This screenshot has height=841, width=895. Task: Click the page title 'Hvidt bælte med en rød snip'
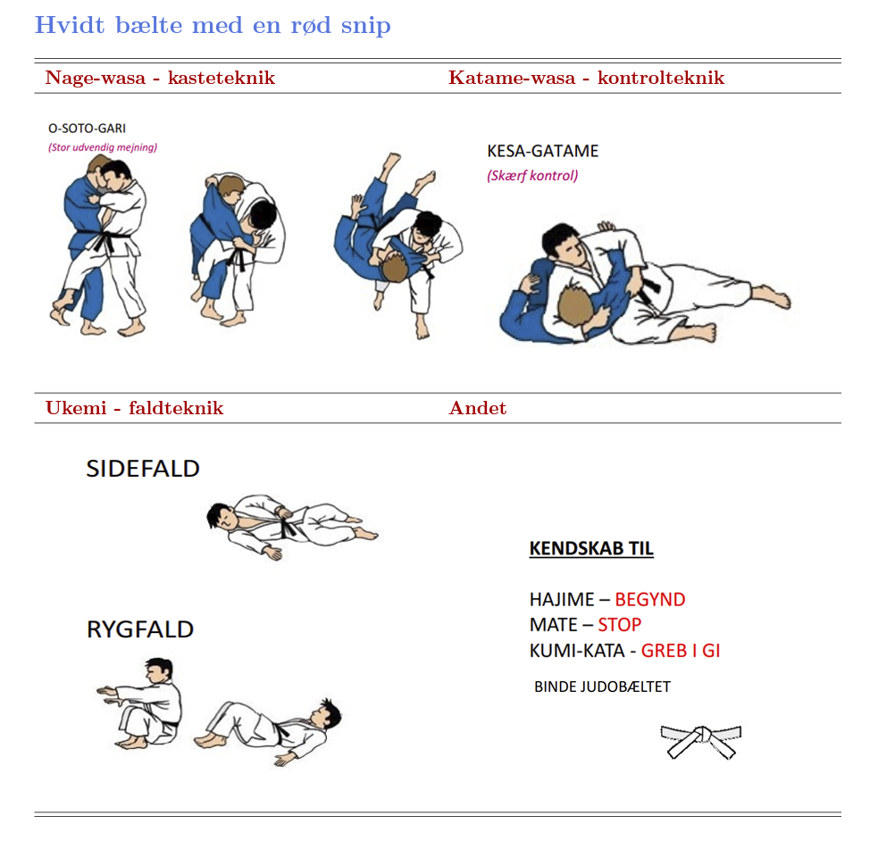click(x=213, y=26)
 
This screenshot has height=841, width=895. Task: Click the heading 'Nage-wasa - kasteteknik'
click(x=160, y=78)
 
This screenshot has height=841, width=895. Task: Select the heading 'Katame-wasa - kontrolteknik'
click(x=586, y=78)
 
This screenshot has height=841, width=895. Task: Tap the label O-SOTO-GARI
click(x=87, y=129)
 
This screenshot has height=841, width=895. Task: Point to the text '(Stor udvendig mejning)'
click(x=103, y=147)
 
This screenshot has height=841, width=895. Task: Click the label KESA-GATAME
click(x=543, y=151)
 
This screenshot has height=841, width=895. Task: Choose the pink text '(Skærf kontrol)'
click(x=532, y=175)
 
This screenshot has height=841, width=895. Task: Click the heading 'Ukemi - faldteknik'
click(x=135, y=408)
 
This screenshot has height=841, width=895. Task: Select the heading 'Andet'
click(x=478, y=408)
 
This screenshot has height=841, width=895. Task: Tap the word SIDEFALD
click(x=143, y=469)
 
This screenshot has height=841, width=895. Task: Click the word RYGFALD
click(x=140, y=629)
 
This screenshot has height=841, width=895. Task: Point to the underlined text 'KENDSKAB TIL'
click(x=591, y=549)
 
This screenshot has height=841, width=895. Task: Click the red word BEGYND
click(x=650, y=600)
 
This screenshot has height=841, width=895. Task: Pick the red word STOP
click(x=620, y=625)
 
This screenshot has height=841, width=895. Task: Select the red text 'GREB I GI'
click(x=681, y=651)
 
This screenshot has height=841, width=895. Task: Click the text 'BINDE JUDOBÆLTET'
click(x=602, y=687)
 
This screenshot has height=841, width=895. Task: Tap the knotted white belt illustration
click(x=701, y=741)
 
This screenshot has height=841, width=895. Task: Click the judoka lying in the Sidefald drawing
click(x=291, y=526)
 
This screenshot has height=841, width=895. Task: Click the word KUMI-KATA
click(x=577, y=651)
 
